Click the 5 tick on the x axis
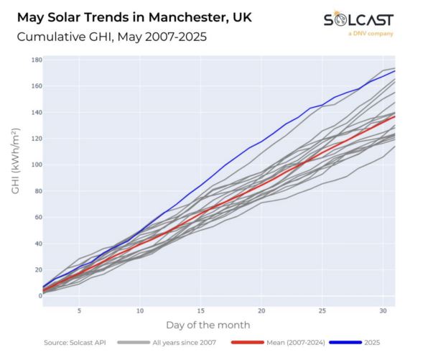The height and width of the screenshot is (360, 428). point(79,310)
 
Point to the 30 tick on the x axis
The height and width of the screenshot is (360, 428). point(383,310)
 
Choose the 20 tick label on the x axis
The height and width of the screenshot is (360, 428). point(261,310)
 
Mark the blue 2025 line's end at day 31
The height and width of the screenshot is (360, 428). point(395,70)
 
